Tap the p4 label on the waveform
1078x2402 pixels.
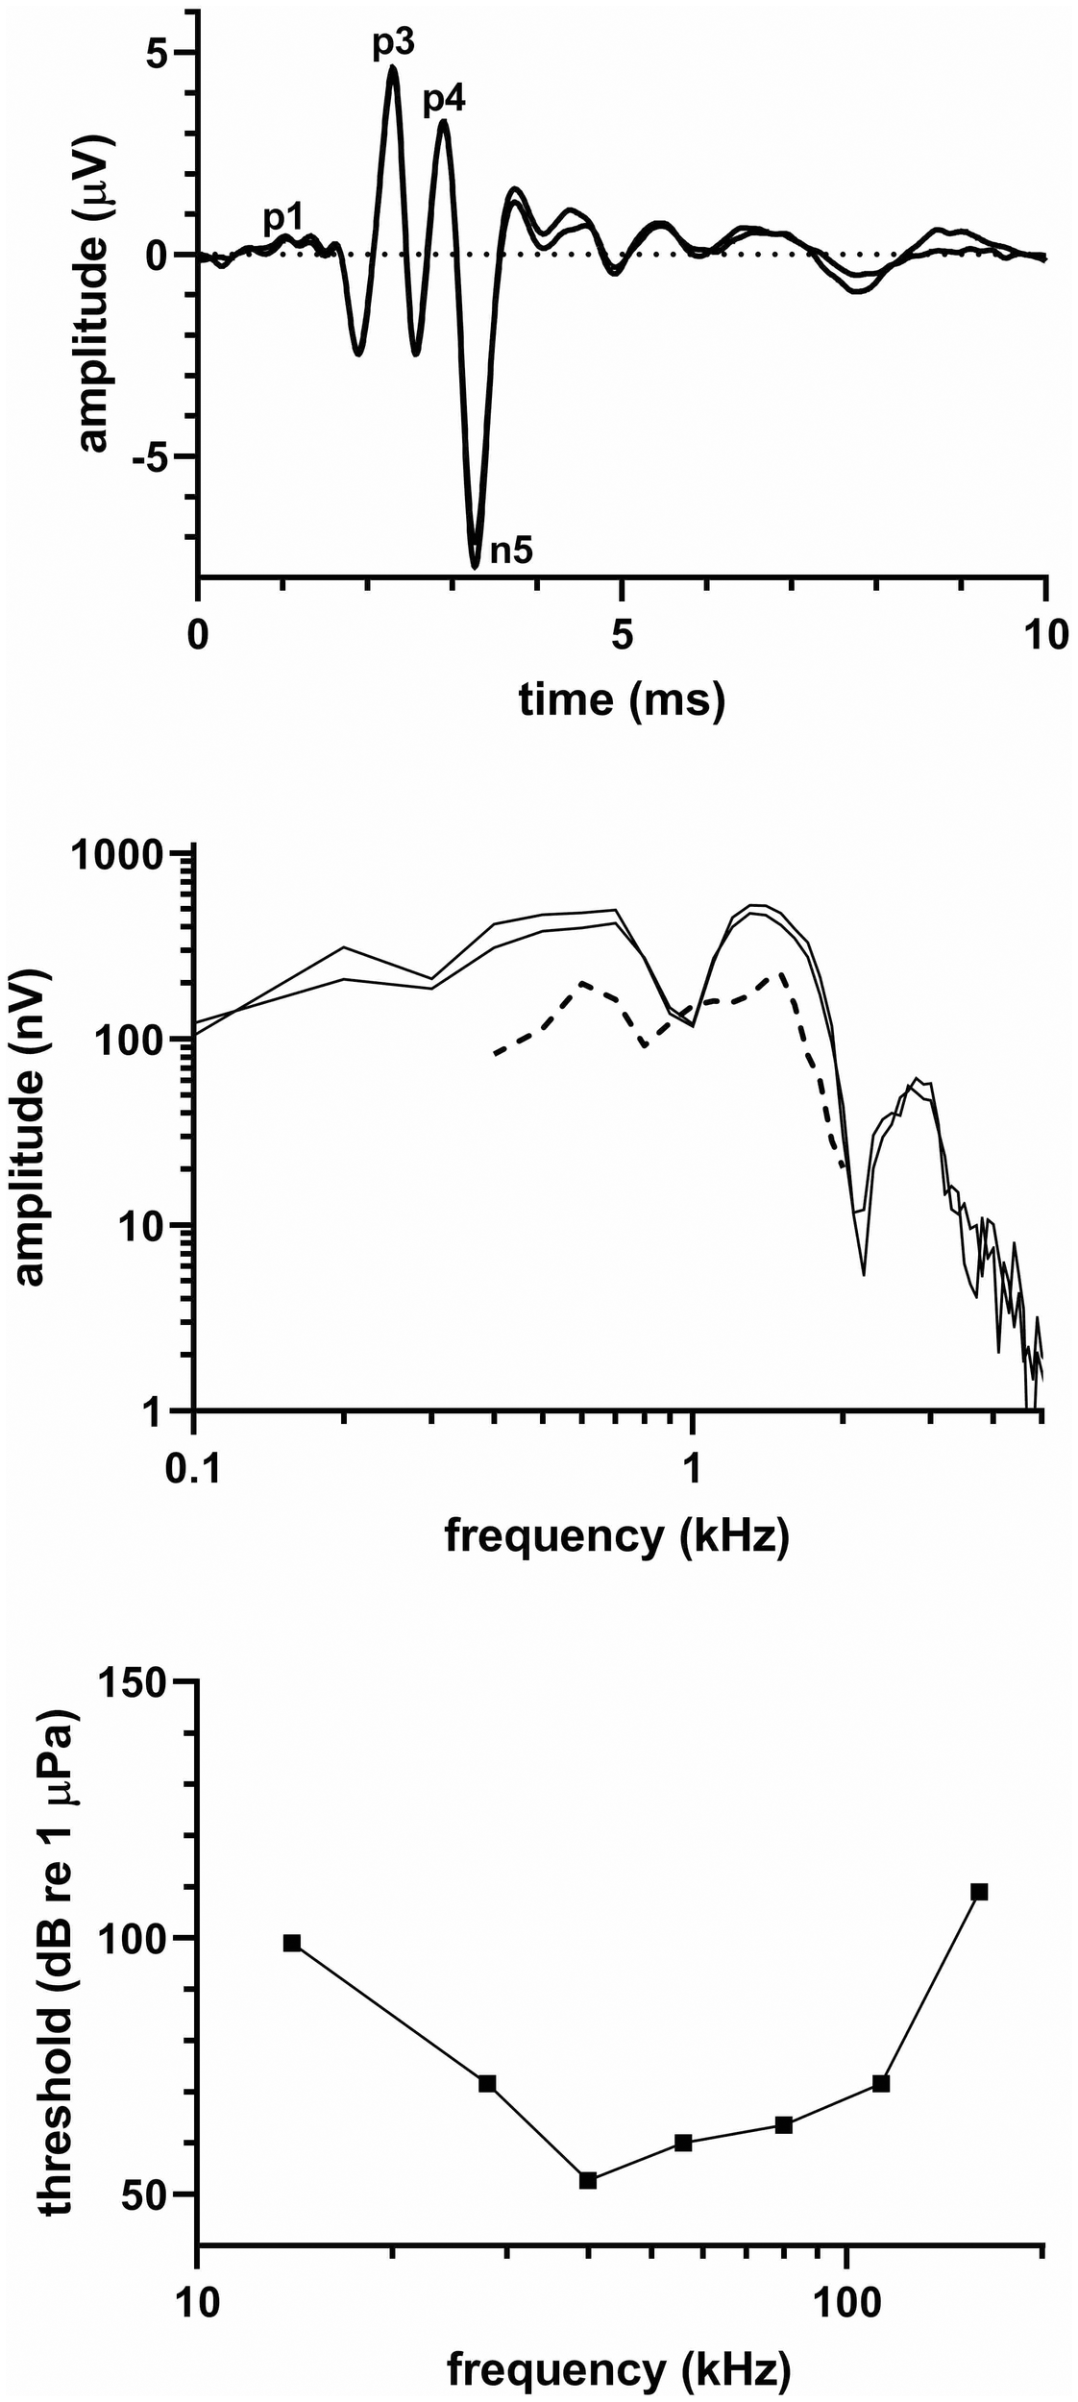445,99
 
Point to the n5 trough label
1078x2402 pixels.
511,551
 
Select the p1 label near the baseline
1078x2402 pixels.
283,219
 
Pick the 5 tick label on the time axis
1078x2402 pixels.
623,636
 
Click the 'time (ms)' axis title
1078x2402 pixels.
622,699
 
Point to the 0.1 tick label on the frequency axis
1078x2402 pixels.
194,1469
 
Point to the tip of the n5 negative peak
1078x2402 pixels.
475,566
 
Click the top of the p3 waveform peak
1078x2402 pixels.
392,66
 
